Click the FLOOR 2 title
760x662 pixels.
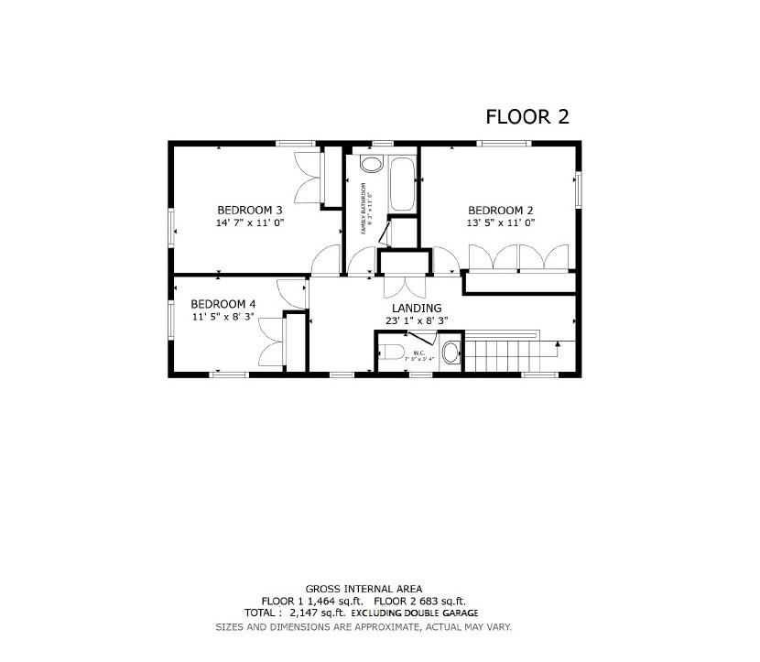coord(527,116)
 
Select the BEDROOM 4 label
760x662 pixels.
coord(223,304)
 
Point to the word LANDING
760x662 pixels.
coord(416,308)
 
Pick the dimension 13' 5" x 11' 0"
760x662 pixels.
coord(501,222)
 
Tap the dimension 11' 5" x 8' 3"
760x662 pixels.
coord(223,317)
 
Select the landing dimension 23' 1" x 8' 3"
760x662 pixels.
coord(416,320)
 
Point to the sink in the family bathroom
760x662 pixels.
coord(371,165)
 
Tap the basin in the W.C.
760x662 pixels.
coord(451,353)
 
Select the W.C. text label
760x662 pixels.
coord(418,352)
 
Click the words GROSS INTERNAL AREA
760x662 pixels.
coord(364,589)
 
